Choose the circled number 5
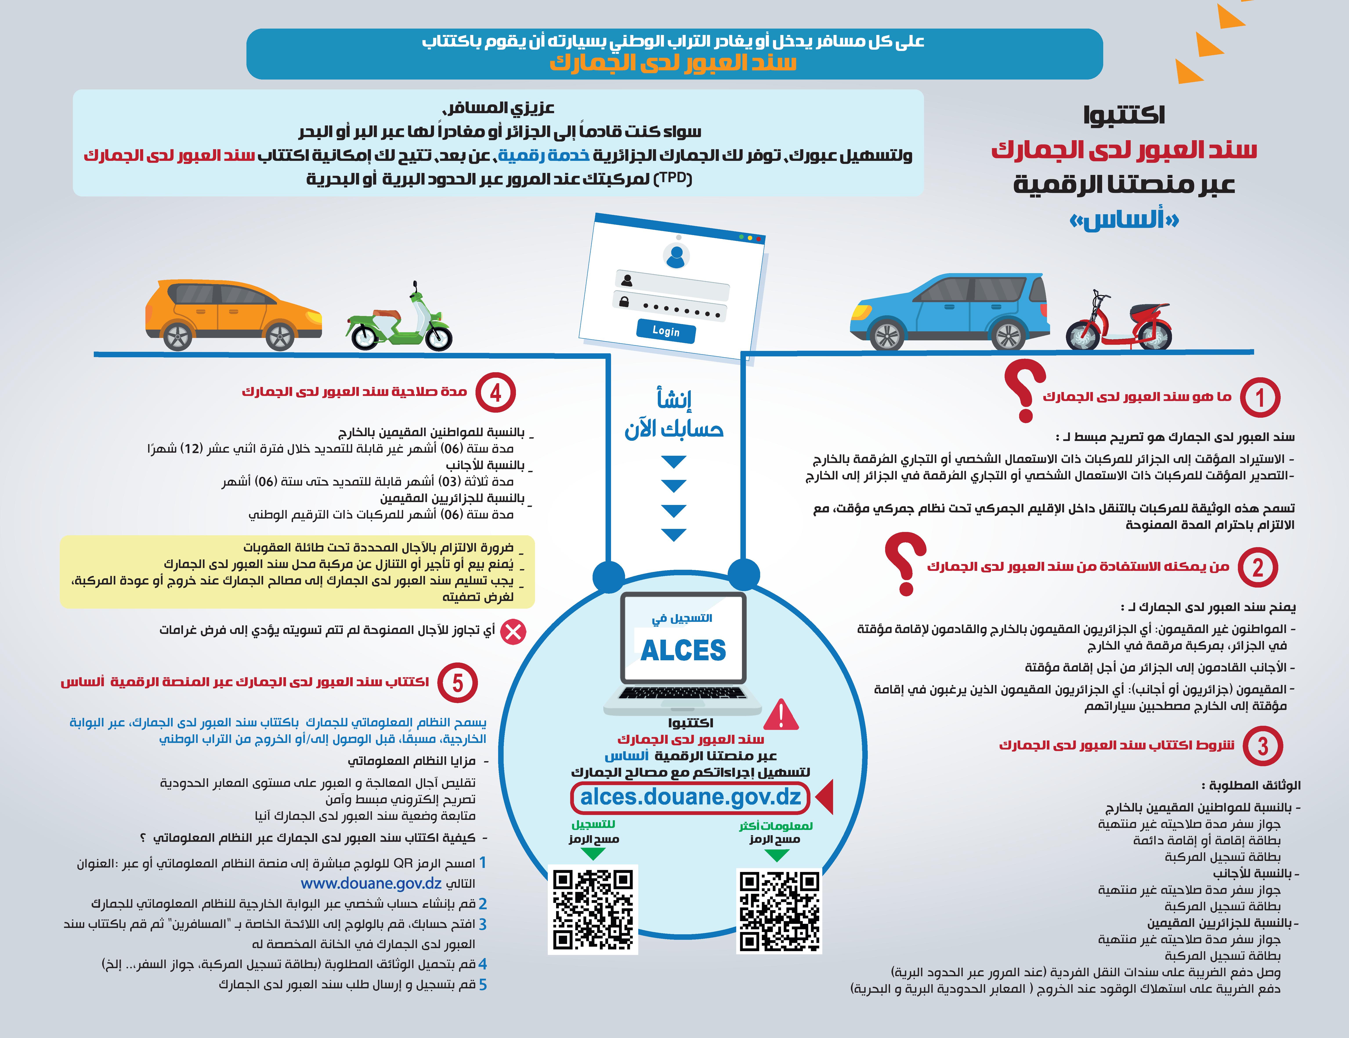457,683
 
